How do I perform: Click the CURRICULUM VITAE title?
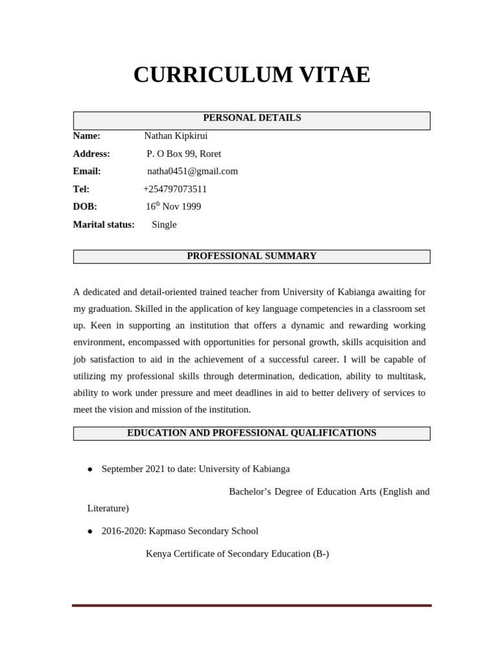tap(251, 75)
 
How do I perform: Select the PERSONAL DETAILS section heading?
tap(252, 118)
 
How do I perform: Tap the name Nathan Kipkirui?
tap(176, 136)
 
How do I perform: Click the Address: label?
tap(92, 154)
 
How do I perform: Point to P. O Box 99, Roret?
tap(183, 154)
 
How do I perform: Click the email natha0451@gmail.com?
tap(192, 171)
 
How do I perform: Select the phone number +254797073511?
tap(175, 189)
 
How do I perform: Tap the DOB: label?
tap(85, 207)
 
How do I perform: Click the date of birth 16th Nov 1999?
tap(173, 207)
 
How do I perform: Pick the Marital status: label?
tap(104, 225)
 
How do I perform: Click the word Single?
tap(164, 225)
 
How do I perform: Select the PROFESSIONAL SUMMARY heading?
tap(252, 256)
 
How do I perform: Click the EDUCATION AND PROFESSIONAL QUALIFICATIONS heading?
tap(252, 433)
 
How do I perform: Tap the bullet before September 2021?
tap(90, 469)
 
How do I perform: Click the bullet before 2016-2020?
tap(90, 531)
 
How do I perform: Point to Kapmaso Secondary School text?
tap(203, 531)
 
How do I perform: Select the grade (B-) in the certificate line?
tap(319, 554)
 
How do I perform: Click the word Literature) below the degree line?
tap(108, 509)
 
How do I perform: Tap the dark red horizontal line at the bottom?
tap(252, 605)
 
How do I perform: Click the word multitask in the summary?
tap(405, 376)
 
